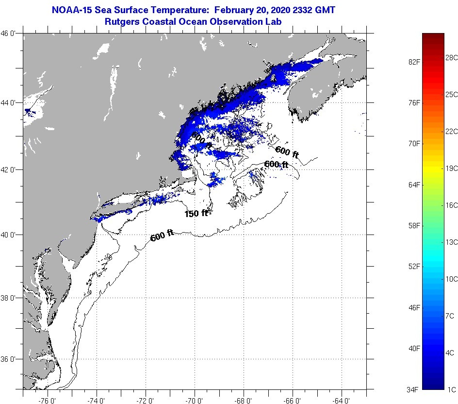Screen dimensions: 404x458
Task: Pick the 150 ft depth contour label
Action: tap(196, 213)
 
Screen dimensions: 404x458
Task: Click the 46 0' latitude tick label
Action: tap(10, 34)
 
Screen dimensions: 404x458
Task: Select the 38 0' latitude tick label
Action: tap(10, 298)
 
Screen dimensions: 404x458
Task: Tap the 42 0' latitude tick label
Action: tap(10, 170)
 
